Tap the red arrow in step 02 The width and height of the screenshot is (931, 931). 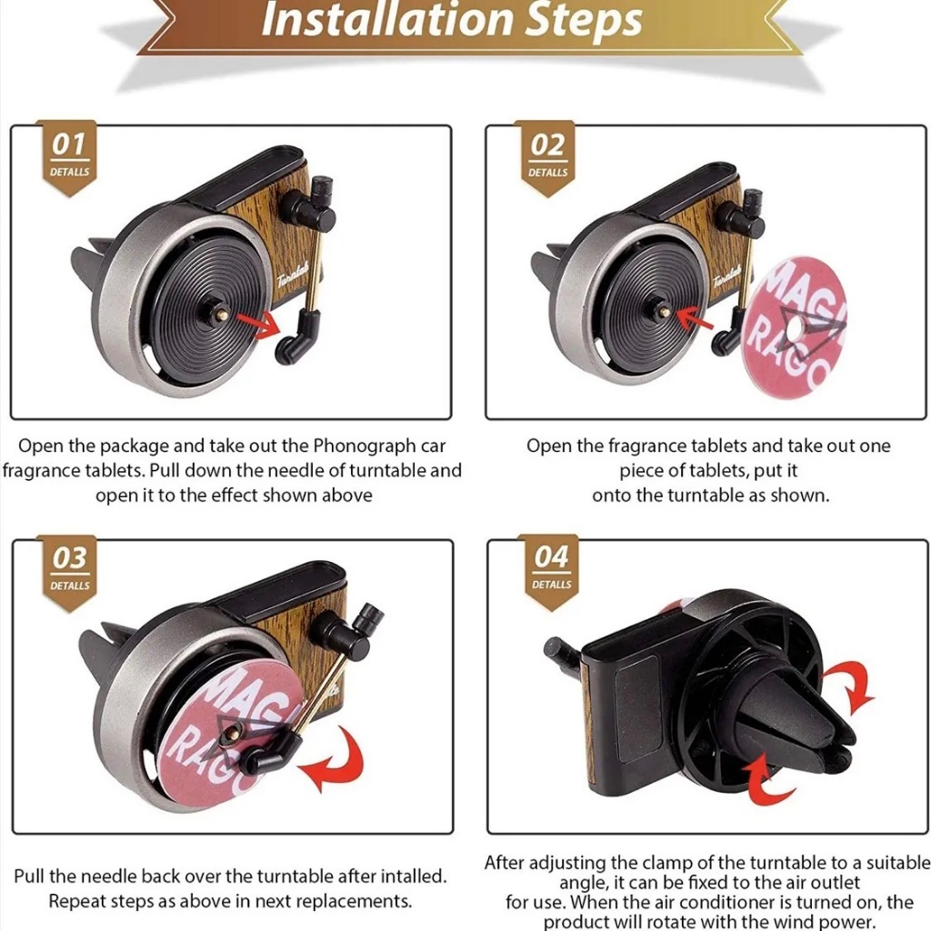(695, 317)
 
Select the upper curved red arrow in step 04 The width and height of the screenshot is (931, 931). (849, 687)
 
